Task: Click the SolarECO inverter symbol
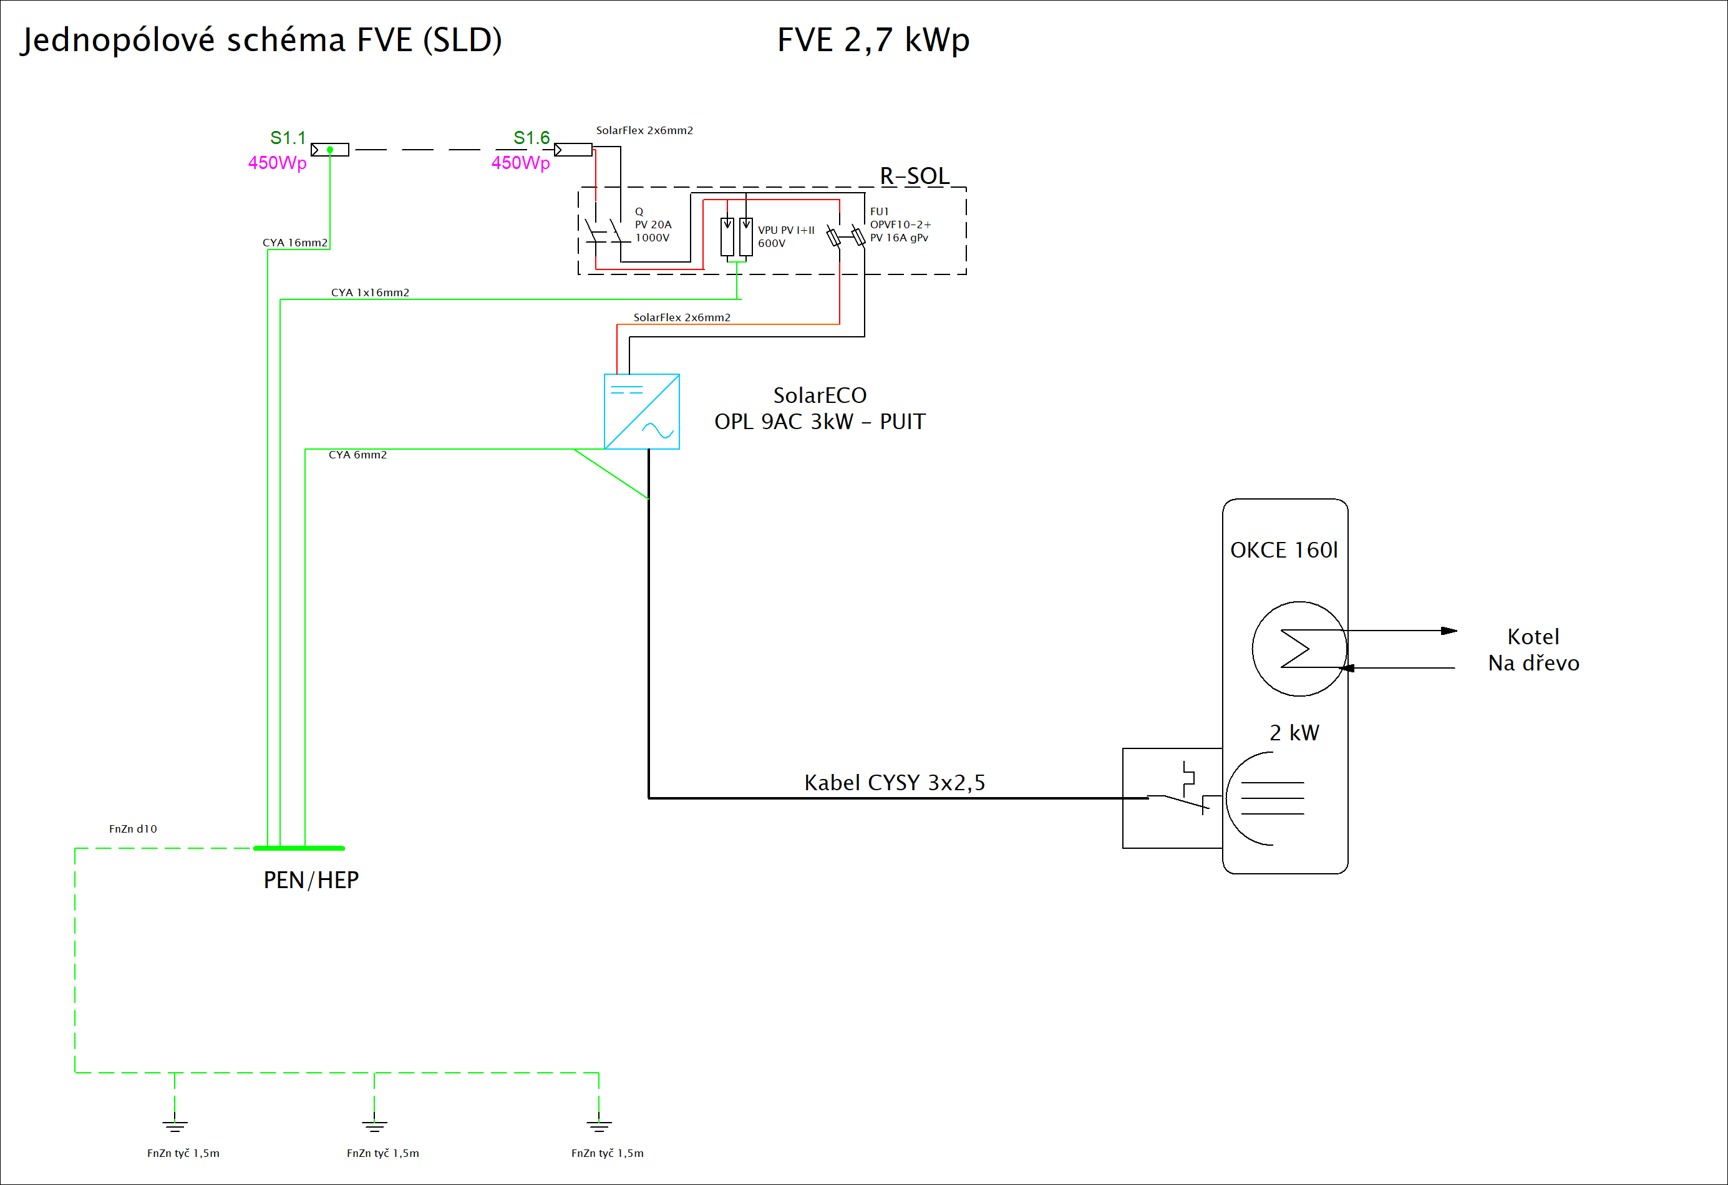click(642, 411)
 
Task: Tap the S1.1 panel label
click(288, 138)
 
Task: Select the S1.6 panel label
click(531, 138)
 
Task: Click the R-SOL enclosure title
click(915, 175)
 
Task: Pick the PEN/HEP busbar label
click(311, 880)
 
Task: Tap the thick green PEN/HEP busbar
click(299, 848)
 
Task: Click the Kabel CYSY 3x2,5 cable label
click(895, 782)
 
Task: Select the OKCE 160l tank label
click(1284, 550)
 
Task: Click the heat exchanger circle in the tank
click(1299, 648)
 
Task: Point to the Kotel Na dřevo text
click(1533, 650)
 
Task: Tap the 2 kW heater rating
click(1294, 733)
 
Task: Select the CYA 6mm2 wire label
click(357, 455)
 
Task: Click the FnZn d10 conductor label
click(133, 829)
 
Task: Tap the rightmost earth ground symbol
click(598, 1126)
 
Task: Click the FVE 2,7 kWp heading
click(873, 39)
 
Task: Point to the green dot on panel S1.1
click(330, 150)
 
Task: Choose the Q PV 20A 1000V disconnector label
click(653, 225)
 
